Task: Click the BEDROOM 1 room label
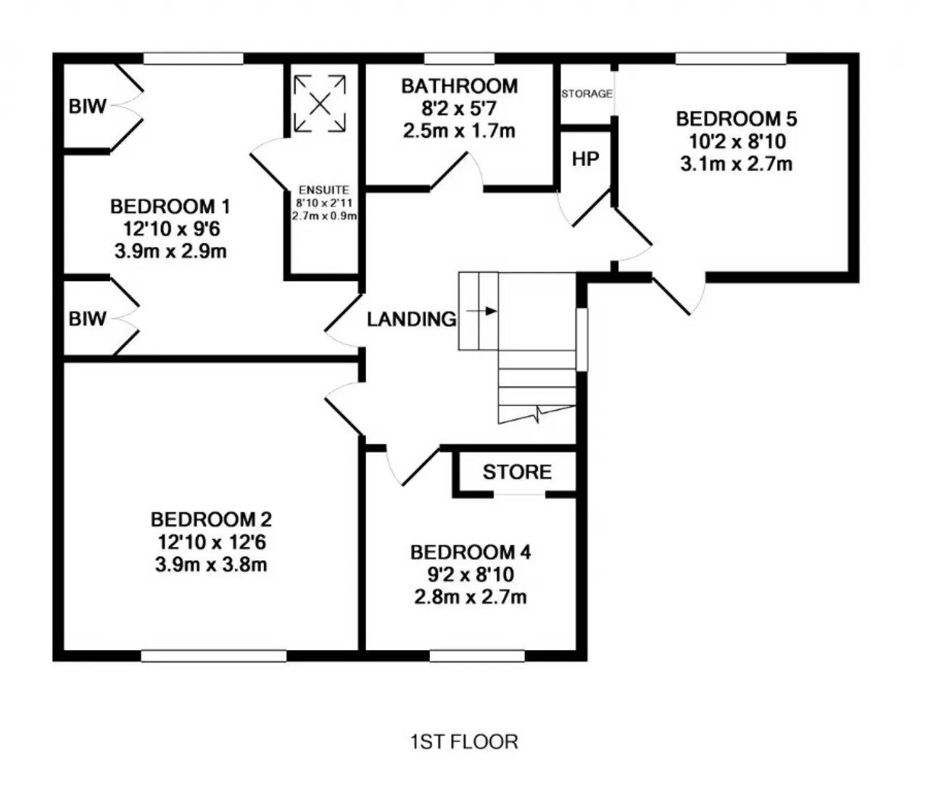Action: click(x=170, y=207)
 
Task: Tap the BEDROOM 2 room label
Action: click(x=211, y=520)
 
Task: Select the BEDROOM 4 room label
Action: click(x=471, y=552)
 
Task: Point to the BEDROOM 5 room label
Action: click(x=736, y=119)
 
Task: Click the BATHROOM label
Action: click(x=459, y=86)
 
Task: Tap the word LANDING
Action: click(x=411, y=320)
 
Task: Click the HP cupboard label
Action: click(x=585, y=159)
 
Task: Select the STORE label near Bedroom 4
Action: click(x=517, y=472)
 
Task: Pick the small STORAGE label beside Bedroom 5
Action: click(x=587, y=93)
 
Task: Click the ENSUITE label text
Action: click(x=324, y=190)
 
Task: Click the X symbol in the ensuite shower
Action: click(x=320, y=104)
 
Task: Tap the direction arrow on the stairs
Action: click(x=481, y=311)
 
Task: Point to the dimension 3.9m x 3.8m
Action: click(x=211, y=565)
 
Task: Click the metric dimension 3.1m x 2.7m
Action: click(x=736, y=164)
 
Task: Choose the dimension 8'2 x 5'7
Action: click(x=459, y=108)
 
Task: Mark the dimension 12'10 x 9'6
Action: click(x=171, y=229)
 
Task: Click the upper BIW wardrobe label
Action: click(x=87, y=107)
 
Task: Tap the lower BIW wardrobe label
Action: click(x=87, y=319)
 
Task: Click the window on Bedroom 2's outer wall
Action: click(x=214, y=656)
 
